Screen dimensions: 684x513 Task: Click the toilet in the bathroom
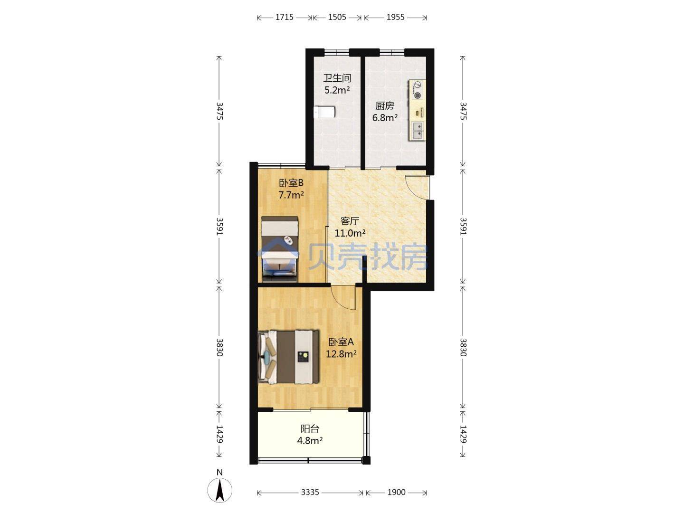(324, 113)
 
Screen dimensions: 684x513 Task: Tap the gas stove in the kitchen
(417, 90)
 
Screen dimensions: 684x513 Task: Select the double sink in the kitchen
(418, 131)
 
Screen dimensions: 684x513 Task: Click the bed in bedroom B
(279, 249)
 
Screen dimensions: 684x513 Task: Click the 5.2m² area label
(337, 90)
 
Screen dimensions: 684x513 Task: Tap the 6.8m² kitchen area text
(385, 118)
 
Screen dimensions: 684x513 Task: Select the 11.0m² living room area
(350, 233)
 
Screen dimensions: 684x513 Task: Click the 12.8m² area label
(341, 354)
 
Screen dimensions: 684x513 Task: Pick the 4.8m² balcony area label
(310, 441)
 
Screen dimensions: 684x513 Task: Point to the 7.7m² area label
(291, 195)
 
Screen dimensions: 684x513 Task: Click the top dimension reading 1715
(284, 17)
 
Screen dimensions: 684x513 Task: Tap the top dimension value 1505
(337, 17)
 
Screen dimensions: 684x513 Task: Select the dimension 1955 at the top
(396, 17)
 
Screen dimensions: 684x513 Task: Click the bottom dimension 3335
(310, 492)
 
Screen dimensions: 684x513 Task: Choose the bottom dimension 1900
(396, 492)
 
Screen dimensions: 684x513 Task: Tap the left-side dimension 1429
(219, 434)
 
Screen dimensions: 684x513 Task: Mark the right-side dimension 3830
(463, 347)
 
